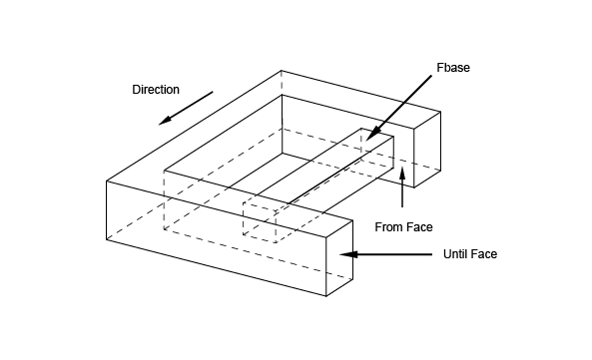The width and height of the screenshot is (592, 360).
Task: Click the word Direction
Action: (x=156, y=90)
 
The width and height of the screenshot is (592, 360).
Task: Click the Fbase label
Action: (x=453, y=68)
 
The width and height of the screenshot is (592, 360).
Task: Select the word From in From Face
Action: (x=387, y=227)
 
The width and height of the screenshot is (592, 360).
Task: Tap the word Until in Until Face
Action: (x=455, y=254)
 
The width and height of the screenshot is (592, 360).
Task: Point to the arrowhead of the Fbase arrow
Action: (x=371, y=134)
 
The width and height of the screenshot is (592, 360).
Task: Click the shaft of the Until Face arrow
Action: (x=394, y=254)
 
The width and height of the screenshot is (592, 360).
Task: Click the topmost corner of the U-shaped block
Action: (x=282, y=71)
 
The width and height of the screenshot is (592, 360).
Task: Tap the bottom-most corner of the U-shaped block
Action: (x=326, y=296)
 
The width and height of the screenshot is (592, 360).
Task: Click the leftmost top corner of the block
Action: (x=107, y=181)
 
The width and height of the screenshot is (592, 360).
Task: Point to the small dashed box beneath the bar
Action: (x=260, y=222)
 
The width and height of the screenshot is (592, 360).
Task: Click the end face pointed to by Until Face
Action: (x=339, y=258)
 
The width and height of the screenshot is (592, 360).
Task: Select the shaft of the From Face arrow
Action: (x=402, y=193)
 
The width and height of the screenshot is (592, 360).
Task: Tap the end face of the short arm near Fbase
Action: (x=427, y=150)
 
